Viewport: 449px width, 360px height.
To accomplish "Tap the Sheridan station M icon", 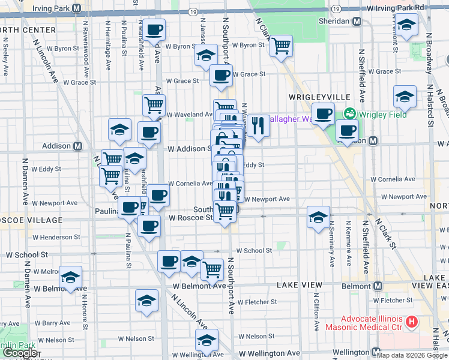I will click(357, 21).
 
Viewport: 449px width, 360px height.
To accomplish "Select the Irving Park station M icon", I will click(77, 8).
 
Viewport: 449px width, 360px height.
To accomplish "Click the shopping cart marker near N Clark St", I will click(281, 46).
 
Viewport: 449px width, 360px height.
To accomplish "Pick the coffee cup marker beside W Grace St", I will click(221, 76).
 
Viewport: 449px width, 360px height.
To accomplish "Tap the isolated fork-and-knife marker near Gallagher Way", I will click(258, 125).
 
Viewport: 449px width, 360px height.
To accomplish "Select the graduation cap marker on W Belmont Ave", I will click(70, 277).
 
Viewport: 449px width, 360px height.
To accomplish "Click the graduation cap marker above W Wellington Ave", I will click(206, 340).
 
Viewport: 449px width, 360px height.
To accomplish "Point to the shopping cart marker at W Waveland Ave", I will click(154, 105).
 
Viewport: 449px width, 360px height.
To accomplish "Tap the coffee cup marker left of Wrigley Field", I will click(324, 113).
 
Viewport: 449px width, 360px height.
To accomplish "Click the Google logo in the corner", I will click(20, 353).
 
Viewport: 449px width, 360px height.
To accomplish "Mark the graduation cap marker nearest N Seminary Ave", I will click(318, 217).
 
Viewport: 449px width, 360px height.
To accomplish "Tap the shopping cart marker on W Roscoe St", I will click(224, 211).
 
